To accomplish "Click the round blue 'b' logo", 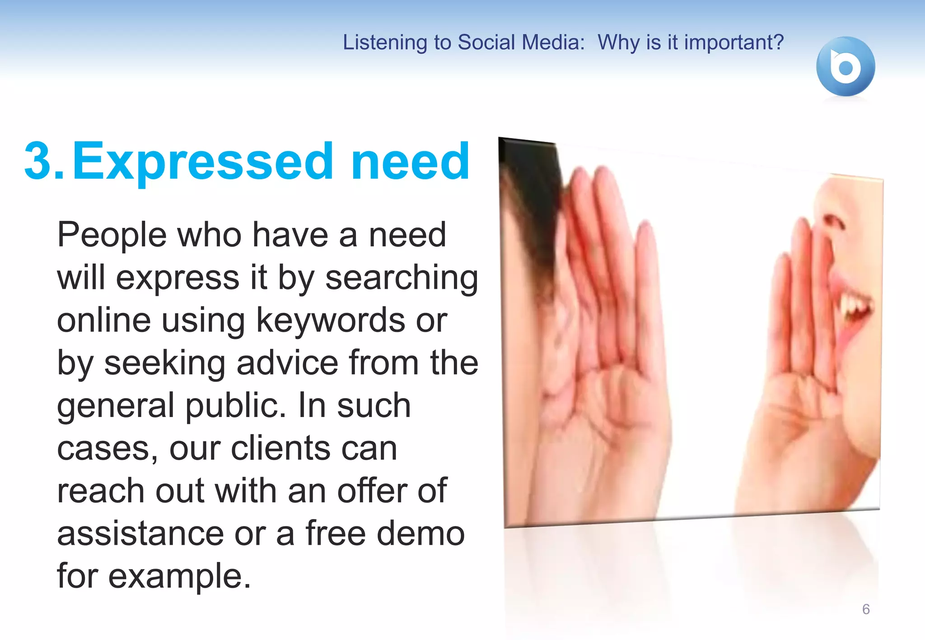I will click(x=845, y=66).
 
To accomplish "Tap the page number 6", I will click(x=866, y=609).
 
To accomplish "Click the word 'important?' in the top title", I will click(x=734, y=42).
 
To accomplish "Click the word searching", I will click(x=402, y=278).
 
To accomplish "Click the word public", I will click(x=235, y=405).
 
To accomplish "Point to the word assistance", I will click(x=140, y=533).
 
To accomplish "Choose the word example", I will click(x=179, y=576).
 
